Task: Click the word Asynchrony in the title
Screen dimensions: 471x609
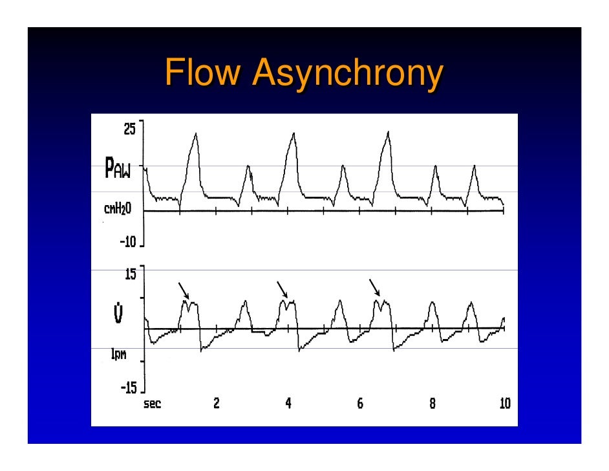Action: [348, 73]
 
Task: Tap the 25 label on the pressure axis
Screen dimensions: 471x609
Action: [130, 128]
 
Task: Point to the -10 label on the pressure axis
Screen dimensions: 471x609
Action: [127, 241]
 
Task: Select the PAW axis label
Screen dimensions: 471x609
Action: [118, 171]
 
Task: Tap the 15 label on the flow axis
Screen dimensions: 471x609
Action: [130, 274]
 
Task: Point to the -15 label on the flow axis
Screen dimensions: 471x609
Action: [127, 388]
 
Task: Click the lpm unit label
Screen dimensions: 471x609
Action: [118, 355]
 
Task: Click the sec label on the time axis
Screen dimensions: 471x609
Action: [153, 404]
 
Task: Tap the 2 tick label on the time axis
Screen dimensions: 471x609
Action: [216, 404]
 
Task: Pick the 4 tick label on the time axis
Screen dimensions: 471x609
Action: [288, 404]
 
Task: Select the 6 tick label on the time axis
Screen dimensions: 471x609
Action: [360, 404]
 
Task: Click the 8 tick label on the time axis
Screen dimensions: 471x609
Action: [432, 404]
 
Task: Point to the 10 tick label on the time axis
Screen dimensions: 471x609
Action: [504, 404]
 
